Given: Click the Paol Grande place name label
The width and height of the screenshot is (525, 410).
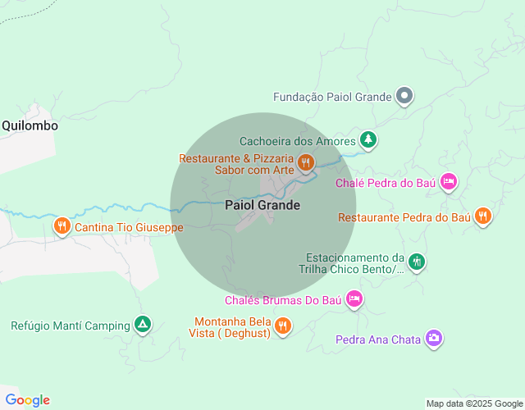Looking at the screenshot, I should (x=262, y=205).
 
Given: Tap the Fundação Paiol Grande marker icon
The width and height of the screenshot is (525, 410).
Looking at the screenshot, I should (x=404, y=97).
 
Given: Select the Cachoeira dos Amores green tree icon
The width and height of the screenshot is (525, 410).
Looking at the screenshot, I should (x=369, y=139).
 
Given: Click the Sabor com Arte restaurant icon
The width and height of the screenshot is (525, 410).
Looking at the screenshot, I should (x=305, y=162).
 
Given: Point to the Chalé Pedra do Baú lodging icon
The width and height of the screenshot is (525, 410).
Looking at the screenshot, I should (x=448, y=182).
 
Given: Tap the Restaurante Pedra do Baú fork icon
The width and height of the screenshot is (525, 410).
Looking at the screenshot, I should (x=483, y=216).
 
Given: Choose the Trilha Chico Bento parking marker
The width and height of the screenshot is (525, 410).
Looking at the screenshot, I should (x=417, y=262).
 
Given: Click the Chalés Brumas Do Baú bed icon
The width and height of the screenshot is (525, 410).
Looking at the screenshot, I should (x=354, y=299).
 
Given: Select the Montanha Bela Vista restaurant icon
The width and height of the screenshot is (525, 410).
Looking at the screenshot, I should (x=282, y=326).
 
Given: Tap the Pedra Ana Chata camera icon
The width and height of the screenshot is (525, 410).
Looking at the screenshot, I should (x=434, y=338).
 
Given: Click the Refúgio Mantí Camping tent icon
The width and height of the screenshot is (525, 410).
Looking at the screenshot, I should (x=143, y=325).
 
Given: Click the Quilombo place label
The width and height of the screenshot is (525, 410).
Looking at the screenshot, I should (x=30, y=125).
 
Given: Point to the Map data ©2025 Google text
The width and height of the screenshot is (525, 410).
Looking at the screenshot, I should (x=473, y=403).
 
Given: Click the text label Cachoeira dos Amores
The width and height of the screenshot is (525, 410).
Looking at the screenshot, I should (x=298, y=141).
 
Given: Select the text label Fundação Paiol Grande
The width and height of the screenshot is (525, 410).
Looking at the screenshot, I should (x=332, y=97).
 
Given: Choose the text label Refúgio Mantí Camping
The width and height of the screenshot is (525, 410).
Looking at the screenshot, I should (x=71, y=326).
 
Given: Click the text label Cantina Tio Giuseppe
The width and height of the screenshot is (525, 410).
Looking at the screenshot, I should (x=130, y=227).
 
